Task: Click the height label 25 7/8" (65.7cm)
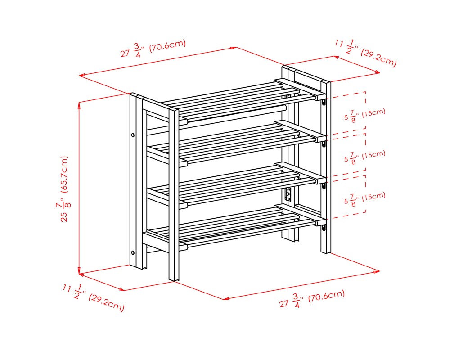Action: pos(64,189)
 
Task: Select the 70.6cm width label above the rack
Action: pos(153,49)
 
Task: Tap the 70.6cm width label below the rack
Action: pos(312,298)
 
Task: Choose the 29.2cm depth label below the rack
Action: pos(93,297)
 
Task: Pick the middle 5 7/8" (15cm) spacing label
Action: pos(365,157)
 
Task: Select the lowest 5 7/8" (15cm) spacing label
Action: pos(365,198)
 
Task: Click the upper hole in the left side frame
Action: pos(133,135)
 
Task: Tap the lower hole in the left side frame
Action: pos(133,252)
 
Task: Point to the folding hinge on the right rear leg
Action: pos(288,194)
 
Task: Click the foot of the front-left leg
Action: pos(174,279)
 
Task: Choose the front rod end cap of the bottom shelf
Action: pos(184,247)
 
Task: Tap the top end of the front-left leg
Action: pos(174,109)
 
